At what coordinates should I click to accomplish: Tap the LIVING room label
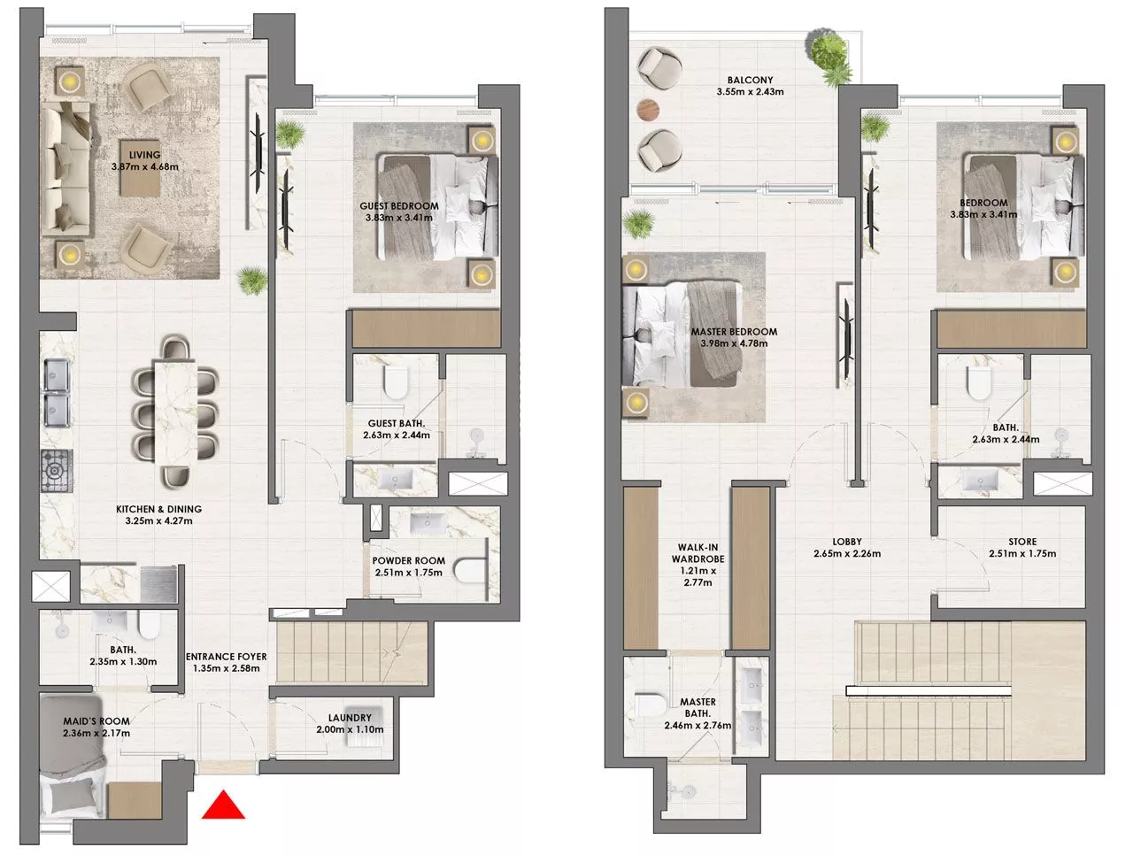tap(145, 155)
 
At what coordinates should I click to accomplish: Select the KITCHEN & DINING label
tap(158, 509)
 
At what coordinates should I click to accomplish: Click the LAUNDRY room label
tap(350, 718)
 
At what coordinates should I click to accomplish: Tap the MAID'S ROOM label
tap(96, 721)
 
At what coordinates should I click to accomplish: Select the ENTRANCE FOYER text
tap(226, 657)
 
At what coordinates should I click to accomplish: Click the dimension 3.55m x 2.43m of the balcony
tap(750, 91)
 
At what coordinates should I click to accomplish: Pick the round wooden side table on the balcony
tap(648, 109)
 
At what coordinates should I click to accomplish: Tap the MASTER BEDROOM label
tap(734, 332)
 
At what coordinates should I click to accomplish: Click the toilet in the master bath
tap(649, 706)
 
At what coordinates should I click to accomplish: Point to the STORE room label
tap(1021, 542)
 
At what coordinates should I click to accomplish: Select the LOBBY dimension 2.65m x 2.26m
tap(846, 554)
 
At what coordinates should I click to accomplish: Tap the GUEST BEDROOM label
tap(398, 206)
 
